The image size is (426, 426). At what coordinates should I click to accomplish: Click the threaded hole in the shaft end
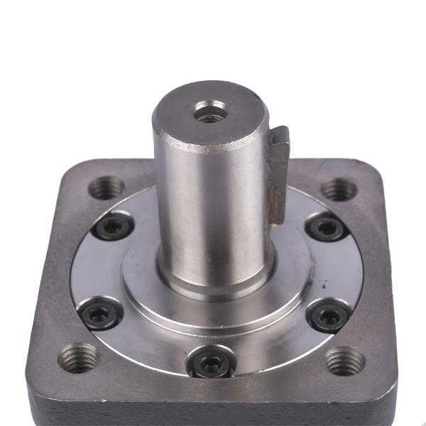210,111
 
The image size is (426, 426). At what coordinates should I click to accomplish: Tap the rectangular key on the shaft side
279,170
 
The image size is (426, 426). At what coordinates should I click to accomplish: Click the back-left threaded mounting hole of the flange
106,188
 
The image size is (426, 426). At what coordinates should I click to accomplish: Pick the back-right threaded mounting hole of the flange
339,189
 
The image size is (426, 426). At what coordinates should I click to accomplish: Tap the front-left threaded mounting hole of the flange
77,357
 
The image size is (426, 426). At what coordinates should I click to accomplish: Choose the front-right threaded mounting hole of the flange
345,360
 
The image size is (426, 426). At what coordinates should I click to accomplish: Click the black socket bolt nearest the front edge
211,364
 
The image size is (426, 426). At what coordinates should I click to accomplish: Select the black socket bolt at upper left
114,226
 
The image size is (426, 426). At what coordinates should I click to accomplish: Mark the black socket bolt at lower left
99,314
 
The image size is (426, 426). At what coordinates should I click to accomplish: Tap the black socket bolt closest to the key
327,228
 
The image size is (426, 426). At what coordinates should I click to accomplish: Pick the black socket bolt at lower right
329,315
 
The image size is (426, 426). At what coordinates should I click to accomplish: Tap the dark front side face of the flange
213,412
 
